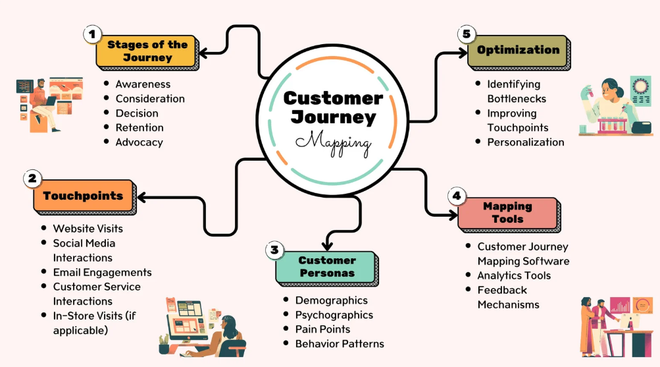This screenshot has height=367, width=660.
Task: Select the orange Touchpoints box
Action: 83,196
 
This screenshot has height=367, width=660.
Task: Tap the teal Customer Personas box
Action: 327,266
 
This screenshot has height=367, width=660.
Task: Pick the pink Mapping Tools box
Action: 507,212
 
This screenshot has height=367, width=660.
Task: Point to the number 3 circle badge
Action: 275,250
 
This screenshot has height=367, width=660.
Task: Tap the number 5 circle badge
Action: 467,34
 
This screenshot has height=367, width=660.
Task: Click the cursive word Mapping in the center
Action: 333,141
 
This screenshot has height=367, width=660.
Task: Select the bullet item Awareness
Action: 143,84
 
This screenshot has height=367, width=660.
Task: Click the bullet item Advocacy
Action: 139,142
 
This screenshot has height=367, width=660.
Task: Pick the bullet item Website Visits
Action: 88,229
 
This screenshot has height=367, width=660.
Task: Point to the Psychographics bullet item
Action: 334,315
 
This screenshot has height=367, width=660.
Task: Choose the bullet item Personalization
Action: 526,142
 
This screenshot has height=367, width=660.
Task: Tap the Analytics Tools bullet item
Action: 514,275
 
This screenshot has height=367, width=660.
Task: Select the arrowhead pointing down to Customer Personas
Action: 327,245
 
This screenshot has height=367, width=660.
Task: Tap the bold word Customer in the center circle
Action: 333,99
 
